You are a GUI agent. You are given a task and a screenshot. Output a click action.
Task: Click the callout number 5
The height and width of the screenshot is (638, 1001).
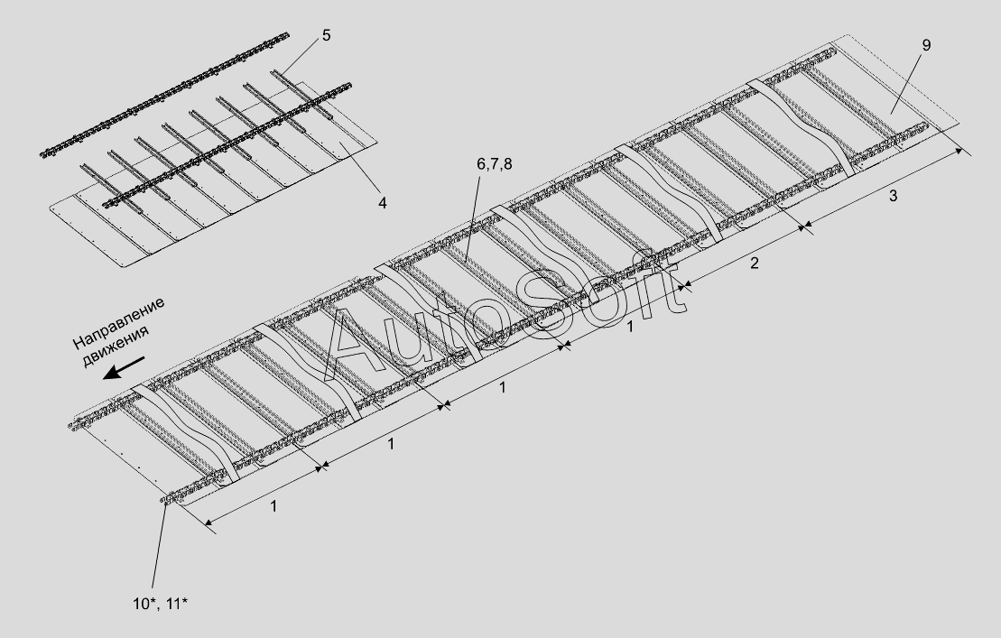pos(326,36)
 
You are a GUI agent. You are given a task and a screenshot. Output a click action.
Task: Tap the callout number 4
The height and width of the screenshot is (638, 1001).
pos(382,203)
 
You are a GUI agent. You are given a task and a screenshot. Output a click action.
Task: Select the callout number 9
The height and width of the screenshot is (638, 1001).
pos(926,45)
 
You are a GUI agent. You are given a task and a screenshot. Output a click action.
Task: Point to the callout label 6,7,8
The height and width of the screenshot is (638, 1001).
pos(494,164)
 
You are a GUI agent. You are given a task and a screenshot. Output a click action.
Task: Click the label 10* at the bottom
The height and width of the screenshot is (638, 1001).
pos(145,604)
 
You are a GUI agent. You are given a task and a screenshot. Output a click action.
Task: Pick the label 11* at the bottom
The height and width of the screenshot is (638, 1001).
pos(177,604)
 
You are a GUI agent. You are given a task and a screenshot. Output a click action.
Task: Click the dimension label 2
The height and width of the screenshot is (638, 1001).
pos(754,263)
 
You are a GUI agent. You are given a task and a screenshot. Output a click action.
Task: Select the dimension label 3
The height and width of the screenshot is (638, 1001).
pos(893,196)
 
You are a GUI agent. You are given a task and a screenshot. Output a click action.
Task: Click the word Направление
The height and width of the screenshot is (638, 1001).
pos(119,323)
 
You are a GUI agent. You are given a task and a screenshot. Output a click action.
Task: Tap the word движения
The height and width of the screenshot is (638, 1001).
pos(116,348)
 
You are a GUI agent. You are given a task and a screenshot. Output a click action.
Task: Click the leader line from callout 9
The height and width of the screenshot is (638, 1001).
pos(906,82)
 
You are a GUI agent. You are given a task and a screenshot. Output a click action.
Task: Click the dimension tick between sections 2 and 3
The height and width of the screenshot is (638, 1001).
pos(803,226)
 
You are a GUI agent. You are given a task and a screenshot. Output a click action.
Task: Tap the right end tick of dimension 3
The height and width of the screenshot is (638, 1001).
pos(962,151)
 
